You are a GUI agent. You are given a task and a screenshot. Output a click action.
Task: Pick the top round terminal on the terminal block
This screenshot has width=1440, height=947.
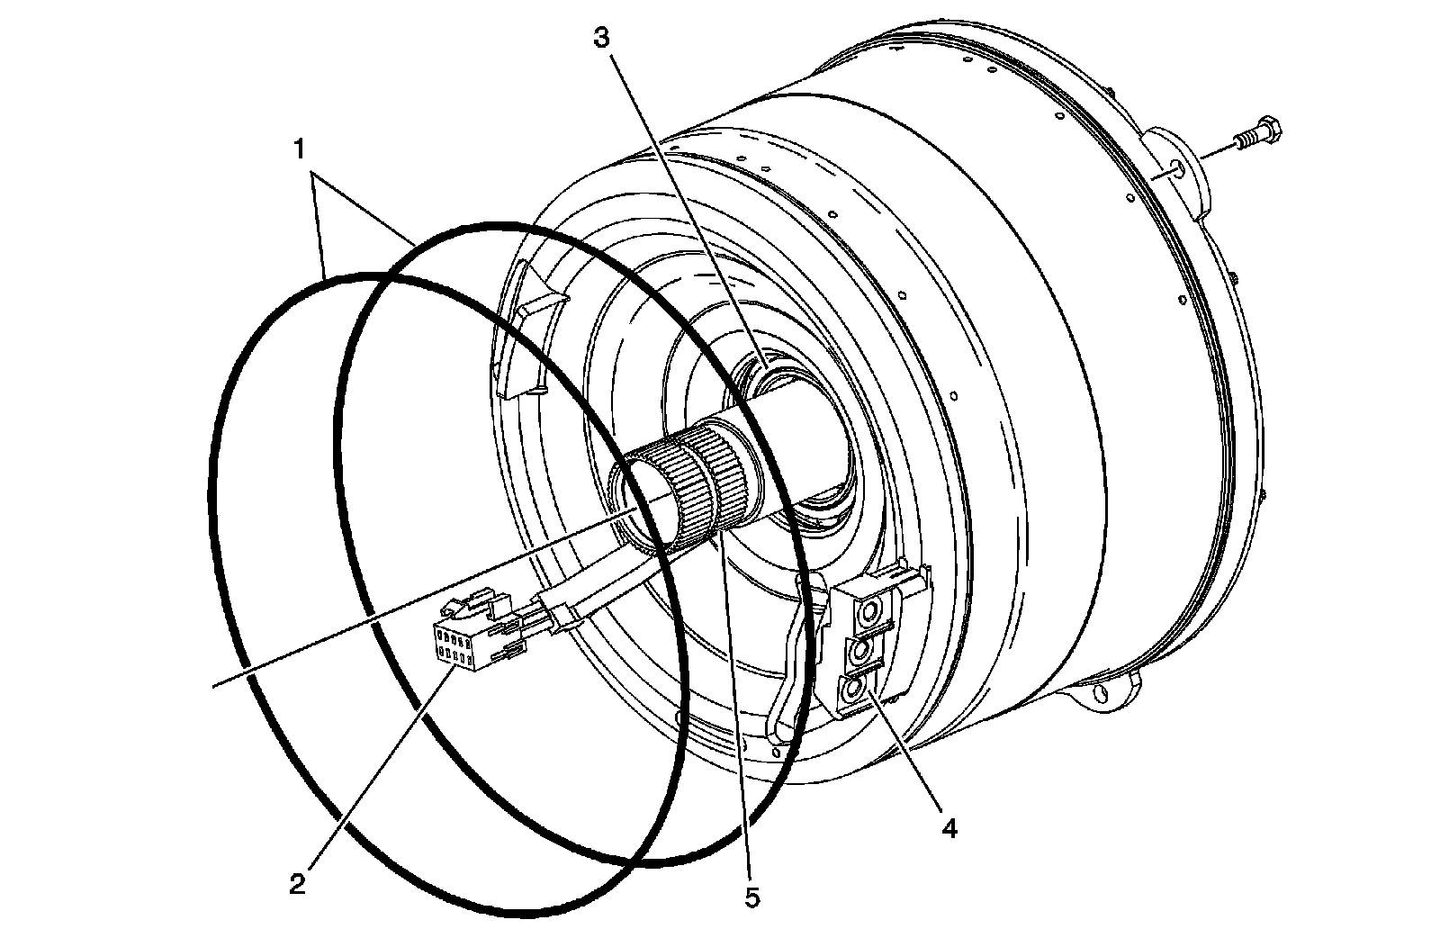click(869, 615)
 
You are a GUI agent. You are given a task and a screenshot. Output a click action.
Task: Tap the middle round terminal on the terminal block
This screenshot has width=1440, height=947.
click(862, 650)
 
